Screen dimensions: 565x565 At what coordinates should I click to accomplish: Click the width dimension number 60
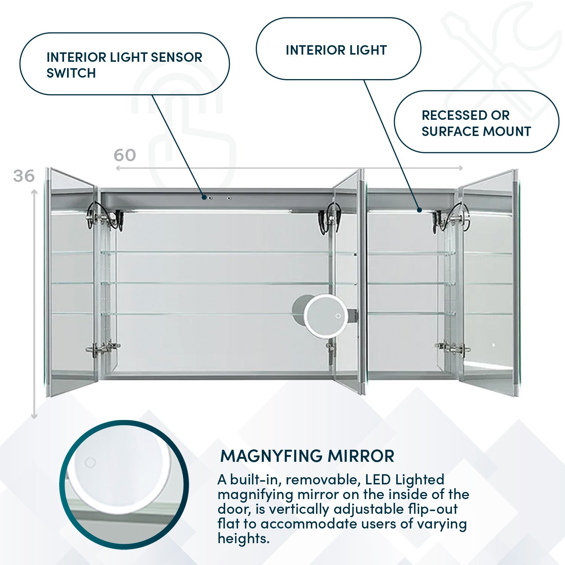(125, 155)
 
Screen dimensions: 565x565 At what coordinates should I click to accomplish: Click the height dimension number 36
(24, 176)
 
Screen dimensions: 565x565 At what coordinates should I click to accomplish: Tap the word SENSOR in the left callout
(176, 57)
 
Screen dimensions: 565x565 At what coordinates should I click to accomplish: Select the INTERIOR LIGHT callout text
(336, 50)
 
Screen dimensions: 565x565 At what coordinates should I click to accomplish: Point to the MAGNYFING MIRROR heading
(307, 456)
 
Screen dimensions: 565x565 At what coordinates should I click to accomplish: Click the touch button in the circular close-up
(90, 462)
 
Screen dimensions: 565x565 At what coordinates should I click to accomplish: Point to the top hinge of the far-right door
(452, 218)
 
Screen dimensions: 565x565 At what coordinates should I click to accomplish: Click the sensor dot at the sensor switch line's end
(204, 197)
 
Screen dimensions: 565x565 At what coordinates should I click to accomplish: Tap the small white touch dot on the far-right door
(493, 345)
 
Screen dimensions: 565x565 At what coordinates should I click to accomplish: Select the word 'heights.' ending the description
(244, 538)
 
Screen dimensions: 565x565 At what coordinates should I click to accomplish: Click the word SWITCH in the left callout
(71, 73)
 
